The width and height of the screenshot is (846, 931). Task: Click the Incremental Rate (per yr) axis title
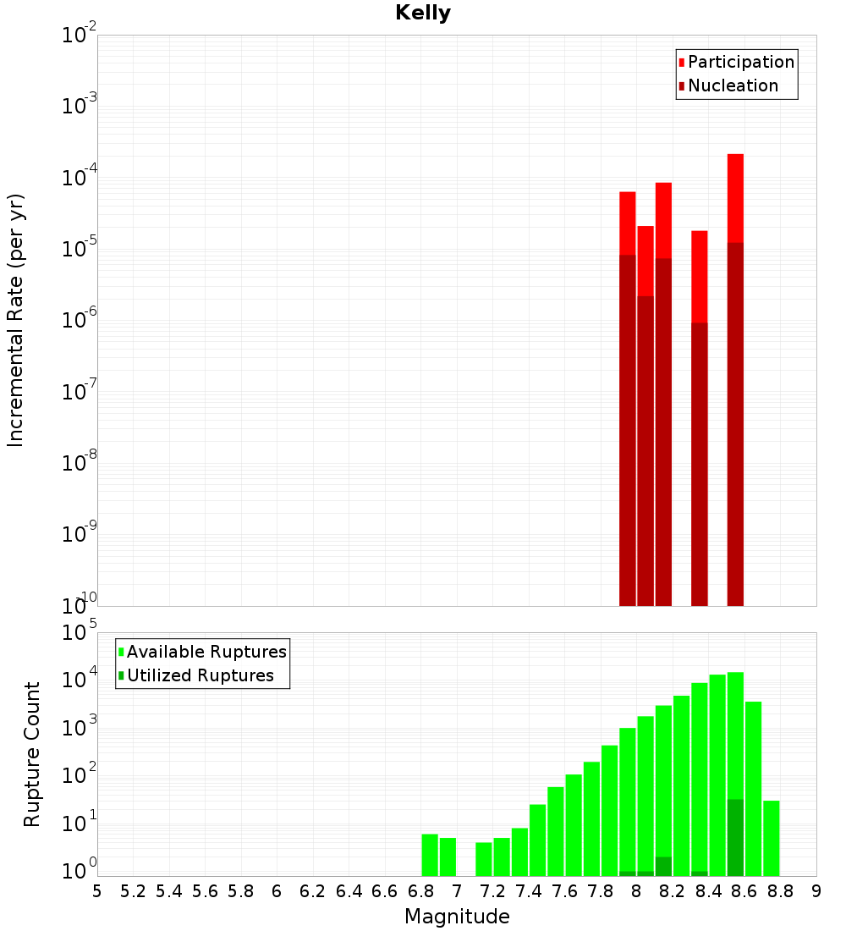coord(16,320)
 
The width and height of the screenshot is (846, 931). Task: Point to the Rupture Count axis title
coord(32,754)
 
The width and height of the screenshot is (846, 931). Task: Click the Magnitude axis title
coord(457,917)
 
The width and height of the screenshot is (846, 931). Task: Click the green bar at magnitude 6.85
coord(430,855)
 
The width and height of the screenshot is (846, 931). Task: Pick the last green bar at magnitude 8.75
coord(771,838)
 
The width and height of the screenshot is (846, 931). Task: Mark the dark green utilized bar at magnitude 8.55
coord(735,838)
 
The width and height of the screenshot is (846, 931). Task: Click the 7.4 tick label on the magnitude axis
coord(529,891)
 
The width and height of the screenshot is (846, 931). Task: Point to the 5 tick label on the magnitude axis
coord(97,891)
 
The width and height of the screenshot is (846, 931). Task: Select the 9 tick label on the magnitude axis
coord(816,891)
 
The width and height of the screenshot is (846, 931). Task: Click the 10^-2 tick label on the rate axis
coord(80,36)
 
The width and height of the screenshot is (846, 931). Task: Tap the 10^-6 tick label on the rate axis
coord(80,321)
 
